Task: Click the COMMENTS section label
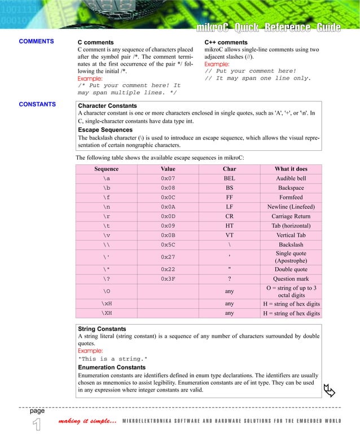pos(36,41)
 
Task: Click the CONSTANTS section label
pos(37,104)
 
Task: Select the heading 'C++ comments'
pos(226,42)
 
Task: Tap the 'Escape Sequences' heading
pos(105,130)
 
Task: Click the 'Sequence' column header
pos(106,169)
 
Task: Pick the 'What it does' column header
pos(291,169)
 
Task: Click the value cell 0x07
pos(168,178)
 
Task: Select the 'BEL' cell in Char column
pos(229,178)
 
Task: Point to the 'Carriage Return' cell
pos(291,216)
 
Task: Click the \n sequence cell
pos(106,207)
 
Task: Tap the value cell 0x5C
pos(168,245)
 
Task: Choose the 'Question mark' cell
pos(291,279)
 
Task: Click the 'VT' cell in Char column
pos(229,235)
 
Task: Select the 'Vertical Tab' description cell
pos(291,235)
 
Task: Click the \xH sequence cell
pos(106,303)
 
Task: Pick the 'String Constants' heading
pos(102,329)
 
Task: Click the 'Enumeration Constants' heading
pos(112,368)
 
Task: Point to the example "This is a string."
pos(113,359)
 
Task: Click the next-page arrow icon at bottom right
pos(329,390)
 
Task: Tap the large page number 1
pos(36,425)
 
